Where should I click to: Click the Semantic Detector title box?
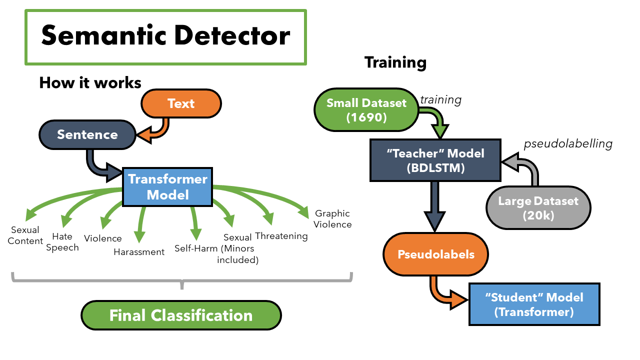point(165,37)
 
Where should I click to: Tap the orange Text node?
point(181,103)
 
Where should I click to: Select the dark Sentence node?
point(87,134)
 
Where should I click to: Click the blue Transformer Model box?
point(168,186)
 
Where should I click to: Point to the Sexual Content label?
point(26,235)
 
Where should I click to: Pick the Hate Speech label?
point(62,242)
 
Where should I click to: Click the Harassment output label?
point(139,252)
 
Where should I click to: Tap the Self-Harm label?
point(196,248)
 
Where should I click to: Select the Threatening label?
point(281,236)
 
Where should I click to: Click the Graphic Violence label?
point(332,219)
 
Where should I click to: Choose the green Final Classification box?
point(181,315)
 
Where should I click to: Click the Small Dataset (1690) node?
point(366,110)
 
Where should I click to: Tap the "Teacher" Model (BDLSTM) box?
point(435,160)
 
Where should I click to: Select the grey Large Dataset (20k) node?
point(538,208)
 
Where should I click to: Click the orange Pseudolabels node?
point(435,254)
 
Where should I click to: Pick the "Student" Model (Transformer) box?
point(534,304)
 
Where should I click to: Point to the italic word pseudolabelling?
point(568,144)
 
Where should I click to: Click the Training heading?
point(395,62)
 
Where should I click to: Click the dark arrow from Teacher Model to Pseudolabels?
point(435,205)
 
